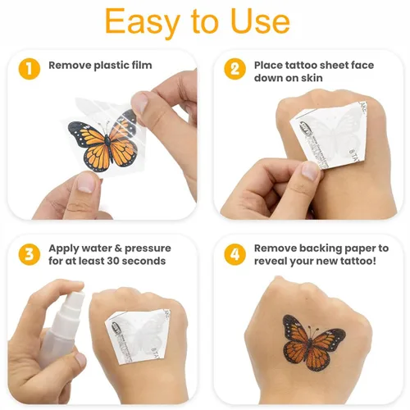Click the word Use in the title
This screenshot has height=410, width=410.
click(x=260, y=21)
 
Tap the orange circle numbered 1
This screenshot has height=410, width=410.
click(x=30, y=69)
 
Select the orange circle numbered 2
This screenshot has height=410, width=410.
click(x=235, y=69)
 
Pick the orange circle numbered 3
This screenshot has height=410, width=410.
click(x=30, y=254)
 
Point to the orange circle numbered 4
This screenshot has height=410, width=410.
click(x=235, y=254)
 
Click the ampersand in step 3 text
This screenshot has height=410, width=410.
click(x=118, y=248)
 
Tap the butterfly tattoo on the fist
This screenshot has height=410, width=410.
click(x=313, y=342)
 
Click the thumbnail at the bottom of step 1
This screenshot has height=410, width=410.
click(x=85, y=183)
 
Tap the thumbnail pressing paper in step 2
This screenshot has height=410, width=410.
click(x=309, y=171)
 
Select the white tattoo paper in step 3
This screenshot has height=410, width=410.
click(x=138, y=336)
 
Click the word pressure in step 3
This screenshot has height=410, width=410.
click(x=148, y=248)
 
